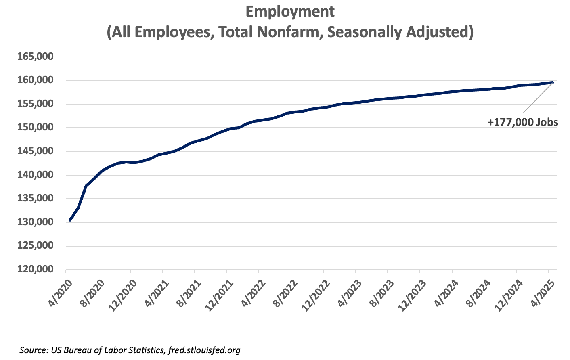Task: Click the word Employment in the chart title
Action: (290, 12)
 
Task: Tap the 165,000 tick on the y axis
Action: (36, 57)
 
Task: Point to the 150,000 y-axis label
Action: (36, 128)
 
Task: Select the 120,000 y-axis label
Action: (36, 269)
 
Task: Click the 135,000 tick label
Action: (36, 199)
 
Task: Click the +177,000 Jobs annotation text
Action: (523, 122)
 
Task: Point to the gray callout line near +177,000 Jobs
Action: (538, 98)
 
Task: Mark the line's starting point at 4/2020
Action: (70, 220)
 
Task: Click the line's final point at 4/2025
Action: (552, 82)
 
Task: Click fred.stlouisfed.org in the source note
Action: (203, 350)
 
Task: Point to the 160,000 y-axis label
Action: (36, 80)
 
